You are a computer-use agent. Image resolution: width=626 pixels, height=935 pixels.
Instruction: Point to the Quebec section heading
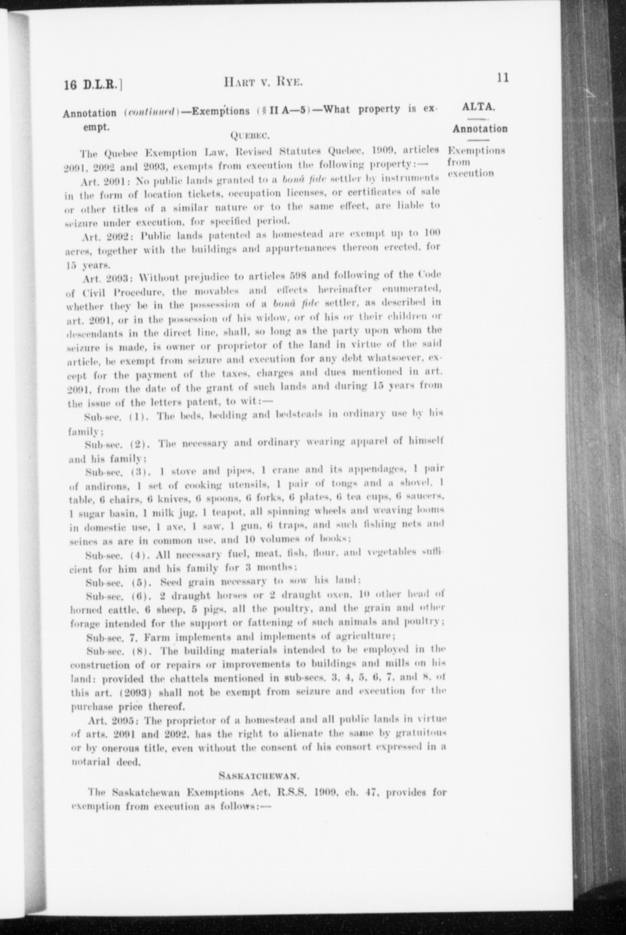249,135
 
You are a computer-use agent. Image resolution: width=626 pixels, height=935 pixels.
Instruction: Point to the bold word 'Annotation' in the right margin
480,129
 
